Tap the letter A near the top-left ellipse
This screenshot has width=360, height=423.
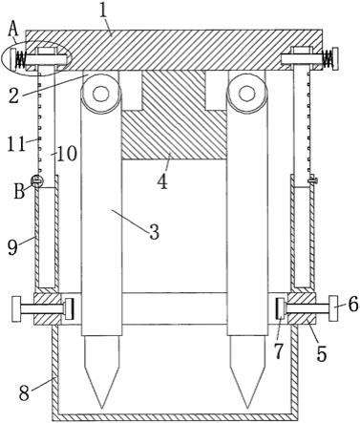click(x=12, y=29)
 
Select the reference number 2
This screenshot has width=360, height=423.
click(x=13, y=95)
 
